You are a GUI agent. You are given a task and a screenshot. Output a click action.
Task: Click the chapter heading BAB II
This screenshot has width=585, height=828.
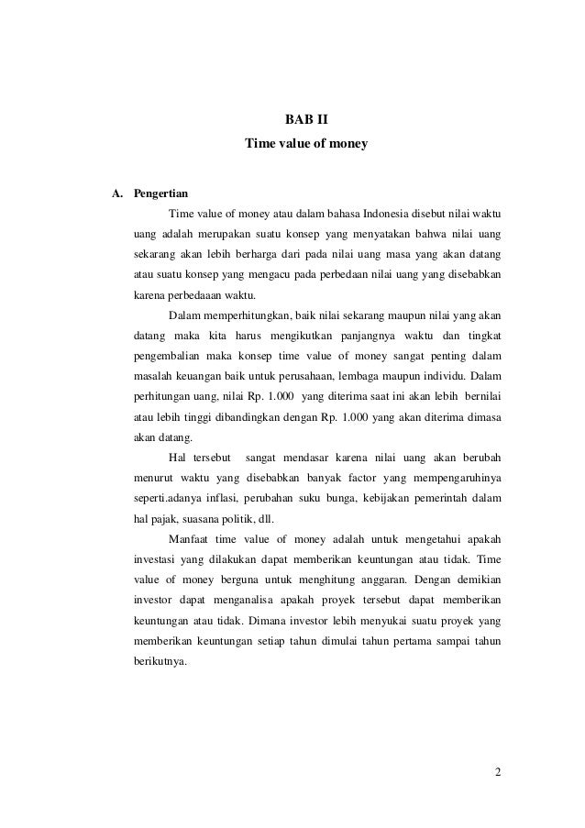(305, 119)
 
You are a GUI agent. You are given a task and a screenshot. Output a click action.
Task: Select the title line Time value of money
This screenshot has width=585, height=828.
(305, 144)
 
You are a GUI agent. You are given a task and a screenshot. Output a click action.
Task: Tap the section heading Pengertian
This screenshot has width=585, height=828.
(160, 194)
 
